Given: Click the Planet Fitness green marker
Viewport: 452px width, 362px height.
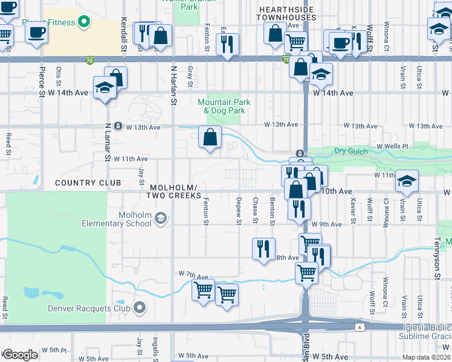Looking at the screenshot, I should [84, 23].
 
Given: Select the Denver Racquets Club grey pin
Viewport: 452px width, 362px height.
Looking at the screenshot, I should [140, 308].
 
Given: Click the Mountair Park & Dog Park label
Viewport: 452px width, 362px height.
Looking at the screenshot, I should [221, 106].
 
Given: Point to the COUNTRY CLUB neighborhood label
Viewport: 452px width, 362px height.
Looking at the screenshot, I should [88, 182].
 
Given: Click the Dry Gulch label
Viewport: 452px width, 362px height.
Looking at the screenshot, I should [350, 151].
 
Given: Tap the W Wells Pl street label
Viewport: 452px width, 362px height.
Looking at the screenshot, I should [393, 147].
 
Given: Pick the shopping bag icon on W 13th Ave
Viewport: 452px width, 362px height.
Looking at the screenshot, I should [210, 137].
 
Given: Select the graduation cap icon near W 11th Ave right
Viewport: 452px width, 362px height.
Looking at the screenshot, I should [407, 180].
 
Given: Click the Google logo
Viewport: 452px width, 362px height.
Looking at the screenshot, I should [19, 355].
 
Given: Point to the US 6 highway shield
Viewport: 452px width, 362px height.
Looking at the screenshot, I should [358, 325].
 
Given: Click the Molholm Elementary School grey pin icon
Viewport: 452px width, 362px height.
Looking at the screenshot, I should [160, 218].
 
